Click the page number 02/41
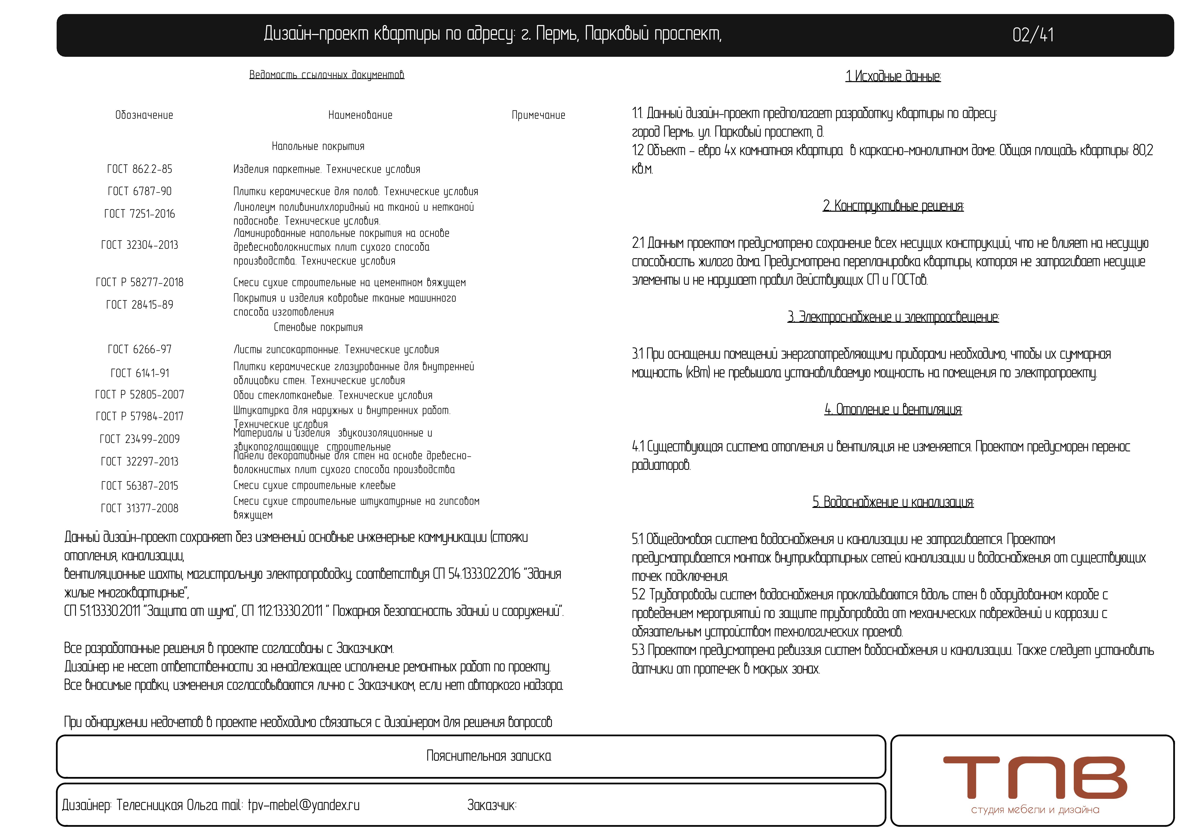point(1033,35)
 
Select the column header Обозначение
point(144,115)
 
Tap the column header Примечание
point(538,115)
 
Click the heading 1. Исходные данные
point(893,77)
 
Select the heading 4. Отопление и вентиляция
point(893,410)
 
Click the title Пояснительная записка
point(489,756)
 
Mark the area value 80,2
point(1143,151)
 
